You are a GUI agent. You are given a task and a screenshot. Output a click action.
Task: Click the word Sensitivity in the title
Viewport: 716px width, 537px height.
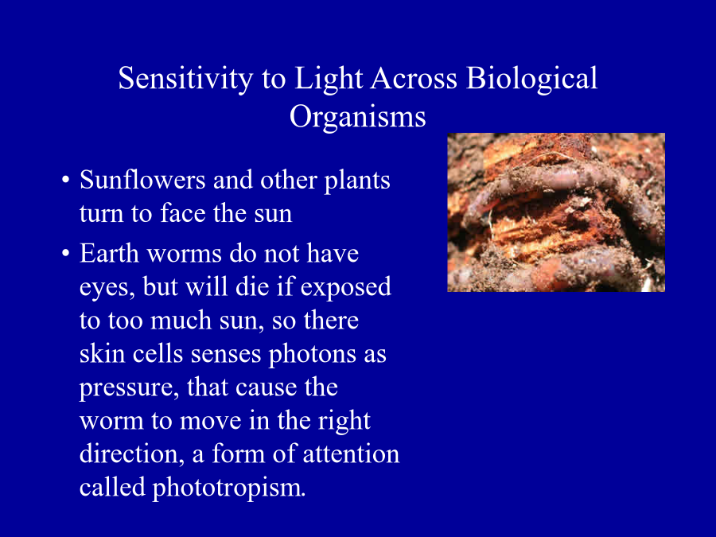point(185,80)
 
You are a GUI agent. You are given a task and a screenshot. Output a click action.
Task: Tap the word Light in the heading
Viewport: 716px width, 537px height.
point(329,80)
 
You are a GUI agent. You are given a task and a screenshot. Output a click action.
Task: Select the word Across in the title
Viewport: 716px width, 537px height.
point(414,79)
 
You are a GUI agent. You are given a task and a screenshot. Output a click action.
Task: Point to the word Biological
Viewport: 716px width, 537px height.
point(531,80)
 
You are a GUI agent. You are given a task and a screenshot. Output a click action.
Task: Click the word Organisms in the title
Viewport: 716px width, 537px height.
point(357,118)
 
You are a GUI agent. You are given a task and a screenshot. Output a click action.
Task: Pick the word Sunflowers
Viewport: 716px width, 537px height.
point(142,180)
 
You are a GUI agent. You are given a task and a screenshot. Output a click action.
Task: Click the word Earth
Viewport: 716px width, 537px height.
point(109,254)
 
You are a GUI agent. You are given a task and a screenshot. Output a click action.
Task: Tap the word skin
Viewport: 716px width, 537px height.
point(103,354)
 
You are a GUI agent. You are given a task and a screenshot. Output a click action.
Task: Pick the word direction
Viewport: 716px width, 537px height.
point(132,454)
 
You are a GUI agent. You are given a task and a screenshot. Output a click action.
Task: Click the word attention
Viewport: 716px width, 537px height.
point(351,454)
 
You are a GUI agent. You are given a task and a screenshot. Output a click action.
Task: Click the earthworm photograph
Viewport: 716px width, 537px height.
point(556,212)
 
